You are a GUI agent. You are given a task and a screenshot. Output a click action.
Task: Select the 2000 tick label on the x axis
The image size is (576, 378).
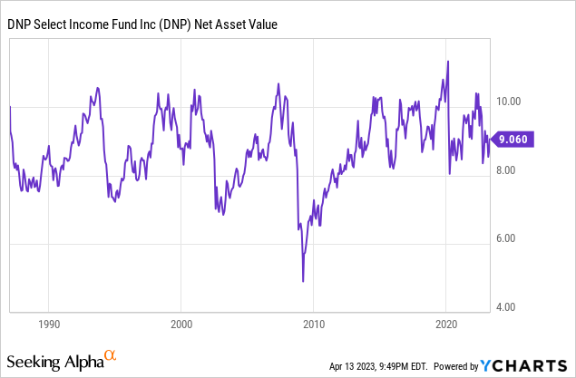(181, 324)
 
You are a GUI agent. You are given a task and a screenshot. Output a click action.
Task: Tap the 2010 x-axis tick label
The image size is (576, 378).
(314, 324)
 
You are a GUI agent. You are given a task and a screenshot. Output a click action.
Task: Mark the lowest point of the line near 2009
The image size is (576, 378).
(303, 281)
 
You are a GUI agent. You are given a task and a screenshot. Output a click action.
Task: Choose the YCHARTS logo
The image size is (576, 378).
(525, 365)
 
